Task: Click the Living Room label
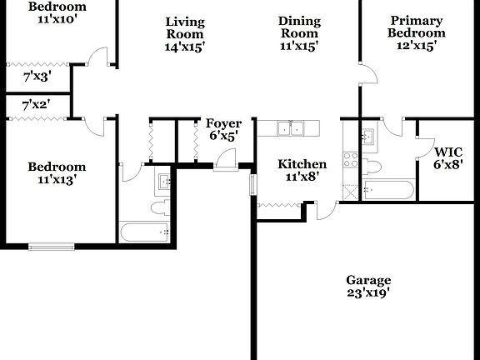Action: click(x=185, y=34)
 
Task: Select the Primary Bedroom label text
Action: click(x=417, y=33)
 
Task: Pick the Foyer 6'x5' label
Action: click(x=223, y=129)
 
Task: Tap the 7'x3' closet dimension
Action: click(x=37, y=77)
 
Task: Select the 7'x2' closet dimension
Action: click(x=37, y=105)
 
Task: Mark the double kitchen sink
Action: click(x=289, y=127)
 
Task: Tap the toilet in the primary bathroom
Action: click(x=372, y=166)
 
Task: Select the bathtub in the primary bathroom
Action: click(x=389, y=191)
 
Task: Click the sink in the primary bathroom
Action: click(x=367, y=135)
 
